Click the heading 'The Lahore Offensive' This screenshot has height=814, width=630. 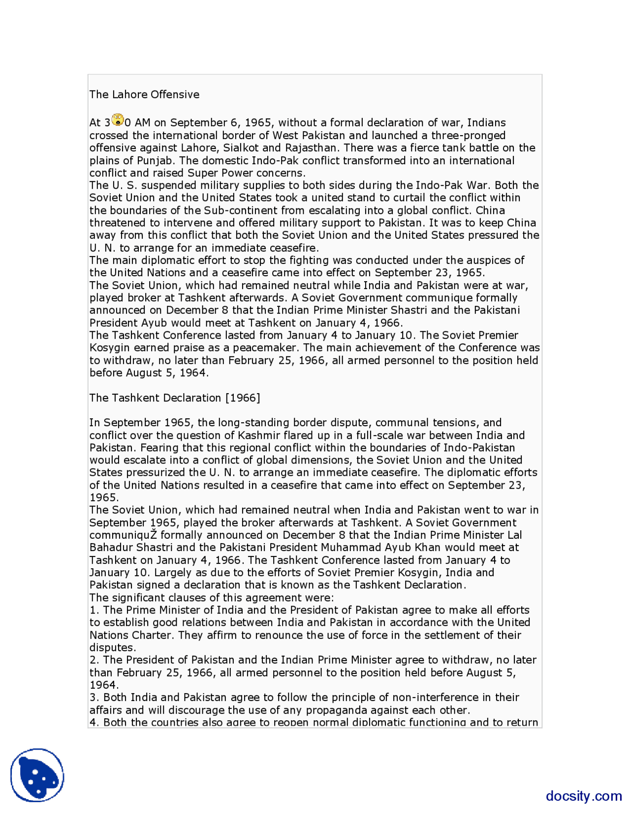tap(144, 94)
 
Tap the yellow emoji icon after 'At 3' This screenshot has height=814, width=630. tap(118, 119)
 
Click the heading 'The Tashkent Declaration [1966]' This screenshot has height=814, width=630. tap(175, 398)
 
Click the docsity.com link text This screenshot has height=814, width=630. tap(583, 795)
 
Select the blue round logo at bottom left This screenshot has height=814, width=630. tap(37, 775)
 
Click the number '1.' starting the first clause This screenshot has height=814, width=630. tap(94, 610)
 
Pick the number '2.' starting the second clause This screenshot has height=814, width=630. tap(94, 660)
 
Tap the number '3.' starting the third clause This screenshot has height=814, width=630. tap(94, 698)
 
